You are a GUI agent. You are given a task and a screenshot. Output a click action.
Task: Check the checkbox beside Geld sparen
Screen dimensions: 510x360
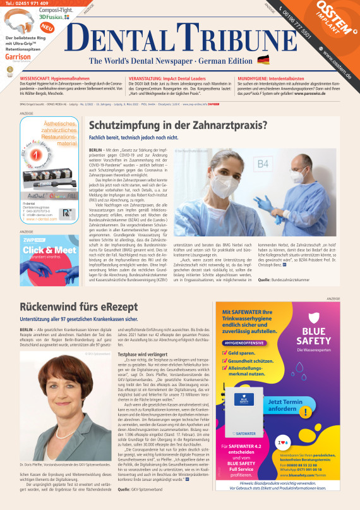click(x=225, y=353)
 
